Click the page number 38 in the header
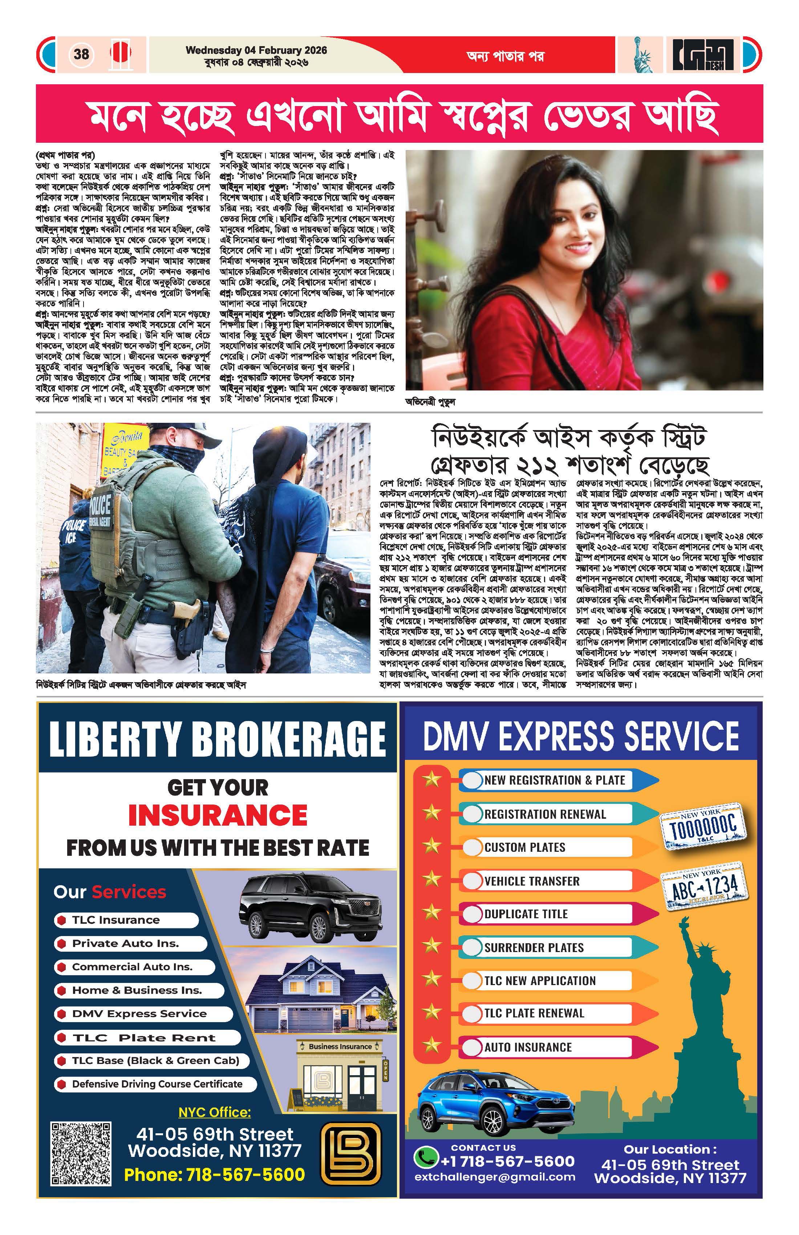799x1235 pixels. pyautogui.click(x=81, y=54)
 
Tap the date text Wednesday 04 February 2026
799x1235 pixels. pyautogui.click(x=256, y=50)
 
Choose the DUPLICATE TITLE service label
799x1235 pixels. pyautogui.click(x=526, y=914)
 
